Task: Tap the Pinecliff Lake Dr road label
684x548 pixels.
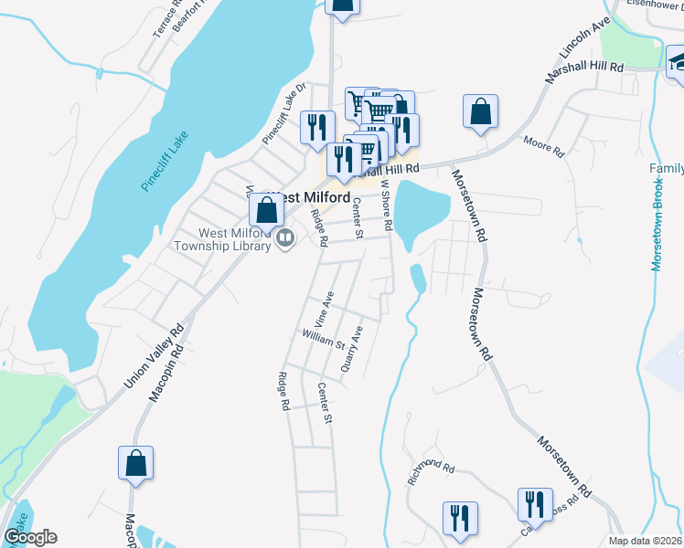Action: pyautogui.click(x=283, y=114)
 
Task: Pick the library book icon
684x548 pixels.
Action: pyautogui.click(x=286, y=238)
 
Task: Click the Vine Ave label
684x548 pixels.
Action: pyautogui.click(x=323, y=309)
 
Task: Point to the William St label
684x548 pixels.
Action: pyautogui.click(x=323, y=340)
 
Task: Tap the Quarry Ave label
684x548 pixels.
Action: pyautogui.click(x=351, y=348)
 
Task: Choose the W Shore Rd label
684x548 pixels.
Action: pyautogui.click(x=387, y=205)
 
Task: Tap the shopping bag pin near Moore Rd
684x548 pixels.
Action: pyautogui.click(x=480, y=112)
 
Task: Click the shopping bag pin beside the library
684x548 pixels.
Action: pyautogui.click(x=266, y=209)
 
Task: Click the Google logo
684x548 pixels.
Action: pyautogui.click(x=29, y=537)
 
